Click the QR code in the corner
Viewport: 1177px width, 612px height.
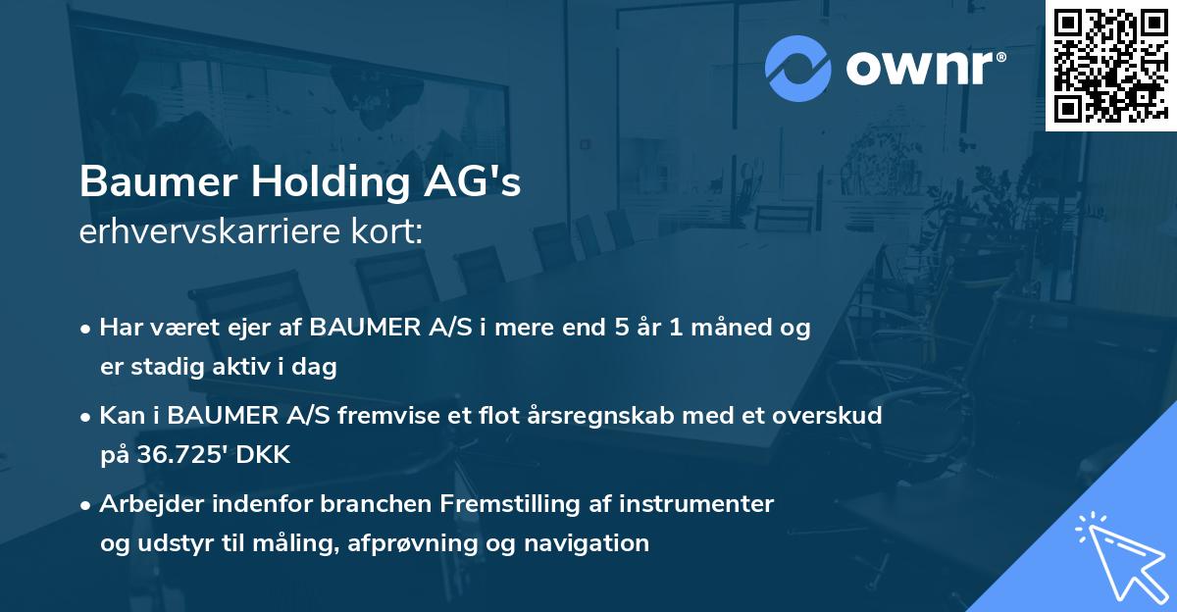coord(1110,65)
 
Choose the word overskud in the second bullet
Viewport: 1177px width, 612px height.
coord(833,416)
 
